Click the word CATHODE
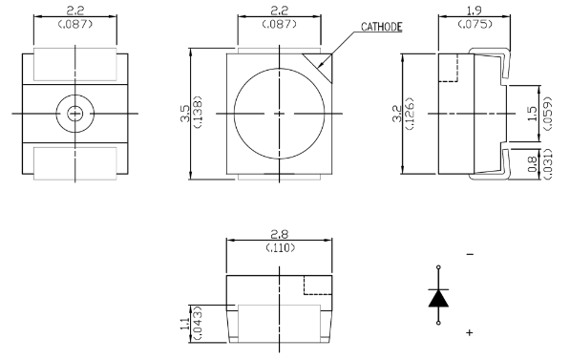coord(381,27)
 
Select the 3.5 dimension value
coord(185,113)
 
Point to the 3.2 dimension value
coord(398,113)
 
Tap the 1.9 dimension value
coord(474,11)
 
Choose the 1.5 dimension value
coord(532,114)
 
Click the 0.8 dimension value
coord(532,163)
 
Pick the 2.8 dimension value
coord(279,234)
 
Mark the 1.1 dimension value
coord(185,324)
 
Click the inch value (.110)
coord(280,247)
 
